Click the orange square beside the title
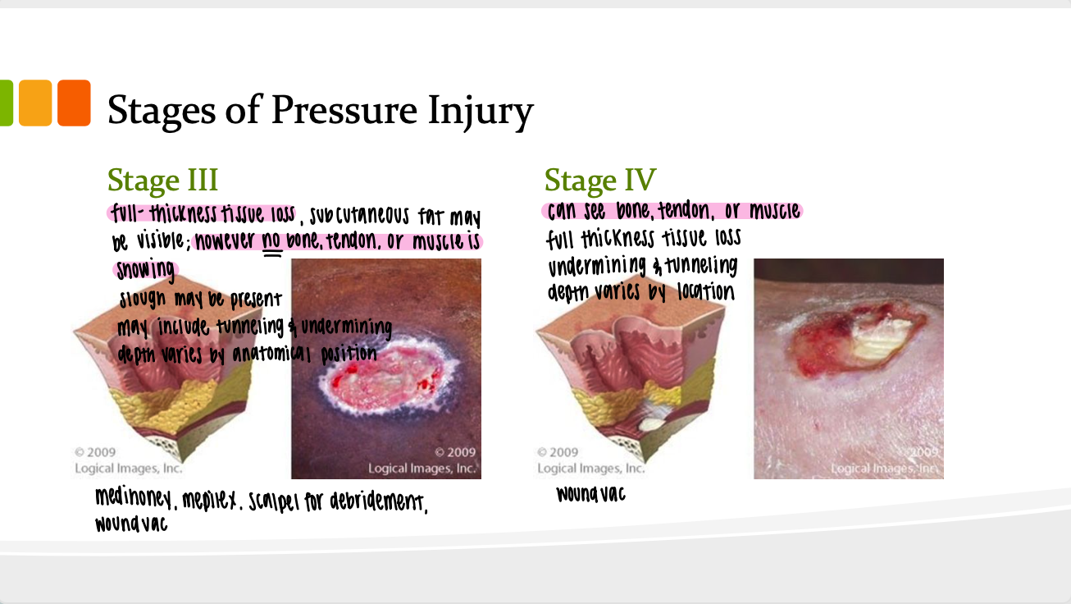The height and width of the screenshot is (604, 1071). [x=74, y=103]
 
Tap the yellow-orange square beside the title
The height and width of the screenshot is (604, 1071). [x=35, y=103]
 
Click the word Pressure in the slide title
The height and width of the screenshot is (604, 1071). [x=344, y=110]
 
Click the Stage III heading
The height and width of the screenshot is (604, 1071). [x=162, y=180]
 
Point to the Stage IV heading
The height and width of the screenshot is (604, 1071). [x=600, y=180]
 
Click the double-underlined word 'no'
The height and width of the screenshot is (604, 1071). [x=271, y=240]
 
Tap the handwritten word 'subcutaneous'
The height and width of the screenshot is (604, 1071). [x=359, y=217]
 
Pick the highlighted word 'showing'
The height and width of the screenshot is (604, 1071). [x=145, y=269]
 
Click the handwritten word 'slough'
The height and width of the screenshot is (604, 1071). [x=143, y=300]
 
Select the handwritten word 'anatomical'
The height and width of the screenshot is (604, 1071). [x=271, y=355]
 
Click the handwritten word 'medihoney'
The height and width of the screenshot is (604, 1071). [x=133, y=499]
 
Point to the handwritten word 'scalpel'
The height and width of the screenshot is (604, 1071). [x=273, y=501]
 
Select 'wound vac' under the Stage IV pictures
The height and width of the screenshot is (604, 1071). [x=591, y=494]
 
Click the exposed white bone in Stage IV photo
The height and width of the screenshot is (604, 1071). [x=877, y=340]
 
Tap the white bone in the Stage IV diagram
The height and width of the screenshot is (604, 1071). [x=649, y=424]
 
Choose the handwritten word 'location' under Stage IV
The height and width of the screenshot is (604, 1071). [x=706, y=292]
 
